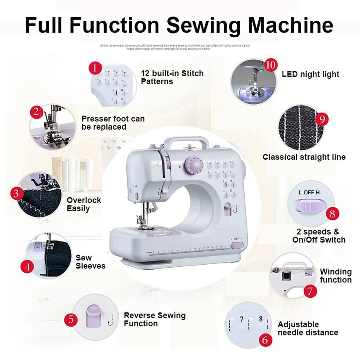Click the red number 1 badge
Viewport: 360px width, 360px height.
click(x=95, y=68)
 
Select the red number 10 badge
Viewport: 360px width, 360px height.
click(x=271, y=65)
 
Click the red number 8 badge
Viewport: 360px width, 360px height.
click(x=332, y=213)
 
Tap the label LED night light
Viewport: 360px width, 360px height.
click(x=310, y=75)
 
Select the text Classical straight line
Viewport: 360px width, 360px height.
click(x=304, y=157)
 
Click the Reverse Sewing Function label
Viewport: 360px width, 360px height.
click(x=155, y=319)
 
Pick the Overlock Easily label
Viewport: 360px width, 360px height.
click(x=83, y=204)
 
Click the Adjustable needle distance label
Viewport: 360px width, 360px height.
click(x=307, y=329)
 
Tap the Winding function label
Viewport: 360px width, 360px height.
click(x=335, y=276)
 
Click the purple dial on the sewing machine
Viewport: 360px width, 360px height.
click(x=193, y=165)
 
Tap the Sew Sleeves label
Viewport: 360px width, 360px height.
click(x=90, y=262)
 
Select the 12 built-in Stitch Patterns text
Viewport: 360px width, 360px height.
click(x=172, y=77)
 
